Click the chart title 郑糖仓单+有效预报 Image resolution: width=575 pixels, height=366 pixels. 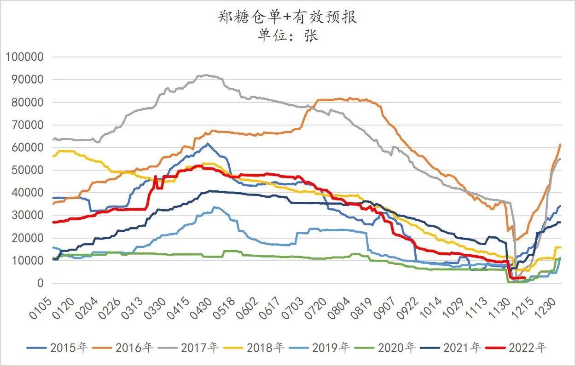coord(287,17)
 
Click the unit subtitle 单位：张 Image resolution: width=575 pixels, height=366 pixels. coord(287,35)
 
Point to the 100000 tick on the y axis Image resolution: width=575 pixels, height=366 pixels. coord(24,57)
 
